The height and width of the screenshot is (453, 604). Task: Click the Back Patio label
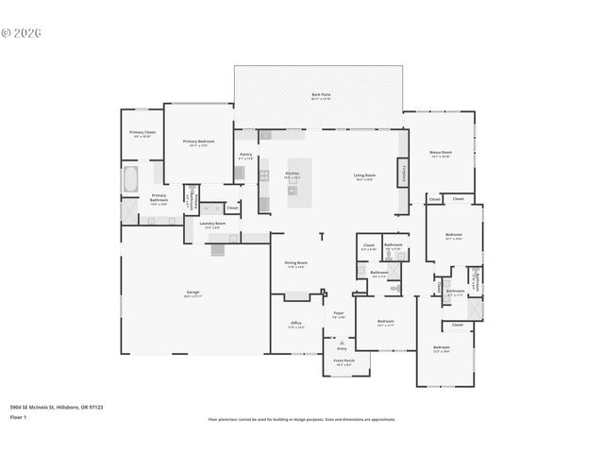pyautogui.click(x=321, y=95)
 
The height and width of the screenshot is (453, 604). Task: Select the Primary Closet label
pyautogui.click(x=142, y=134)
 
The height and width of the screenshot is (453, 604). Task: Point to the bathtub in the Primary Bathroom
pyautogui.click(x=130, y=178)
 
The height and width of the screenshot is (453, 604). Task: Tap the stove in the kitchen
pyautogui.click(x=264, y=175)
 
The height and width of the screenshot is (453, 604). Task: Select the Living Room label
pyautogui.click(x=365, y=176)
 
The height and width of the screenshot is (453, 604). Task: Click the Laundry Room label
pyautogui.click(x=212, y=225)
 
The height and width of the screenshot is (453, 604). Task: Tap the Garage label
pyautogui.click(x=193, y=294)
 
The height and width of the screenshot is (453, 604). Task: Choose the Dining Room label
pyautogui.click(x=296, y=264)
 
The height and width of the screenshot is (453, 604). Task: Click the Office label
pyautogui.click(x=296, y=325)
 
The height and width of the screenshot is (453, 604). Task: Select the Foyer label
pyautogui.click(x=338, y=315)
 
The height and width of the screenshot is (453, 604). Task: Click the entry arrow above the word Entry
pyautogui.click(x=341, y=342)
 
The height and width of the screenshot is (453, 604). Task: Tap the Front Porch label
pyautogui.click(x=344, y=361)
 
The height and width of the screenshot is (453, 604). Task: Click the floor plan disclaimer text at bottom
pyautogui.click(x=302, y=419)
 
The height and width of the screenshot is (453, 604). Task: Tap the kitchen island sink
pyautogui.click(x=293, y=189)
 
